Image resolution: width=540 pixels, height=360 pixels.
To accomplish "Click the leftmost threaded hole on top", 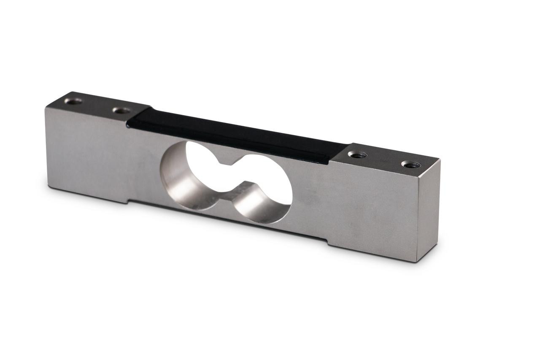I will click(x=73, y=101).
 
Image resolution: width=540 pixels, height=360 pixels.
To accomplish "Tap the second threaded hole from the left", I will click(x=121, y=111).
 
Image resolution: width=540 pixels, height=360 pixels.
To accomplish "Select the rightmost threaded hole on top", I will click(x=410, y=164).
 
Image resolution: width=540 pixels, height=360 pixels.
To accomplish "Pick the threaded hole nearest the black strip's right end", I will click(x=357, y=154).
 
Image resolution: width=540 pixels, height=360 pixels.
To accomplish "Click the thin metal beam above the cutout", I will click(x=236, y=148).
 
